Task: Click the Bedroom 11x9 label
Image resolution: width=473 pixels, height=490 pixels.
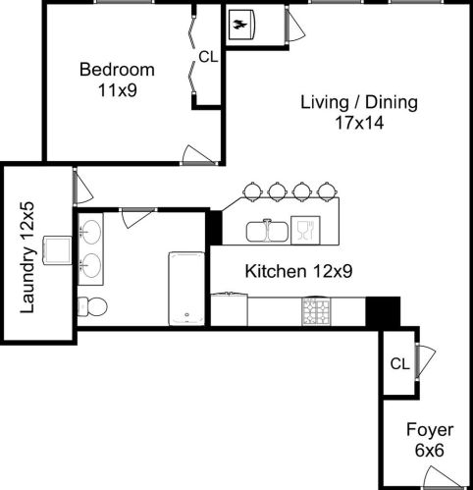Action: [x=117, y=80]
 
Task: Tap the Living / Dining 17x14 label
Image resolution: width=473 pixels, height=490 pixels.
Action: [x=359, y=112]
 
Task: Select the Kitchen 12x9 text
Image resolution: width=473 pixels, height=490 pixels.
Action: [x=287, y=271]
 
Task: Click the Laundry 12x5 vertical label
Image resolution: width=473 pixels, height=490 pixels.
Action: [x=28, y=256]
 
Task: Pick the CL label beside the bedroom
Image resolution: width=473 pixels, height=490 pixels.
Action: [x=208, y=57]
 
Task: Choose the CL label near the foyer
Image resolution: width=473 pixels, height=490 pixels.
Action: [x=398, y=363]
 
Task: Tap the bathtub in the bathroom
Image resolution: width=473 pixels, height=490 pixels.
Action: [x=185, y=288]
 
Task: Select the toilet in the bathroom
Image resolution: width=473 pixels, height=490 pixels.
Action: [x=91, y=305]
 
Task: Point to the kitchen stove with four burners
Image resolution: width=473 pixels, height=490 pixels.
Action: [x=316, y=311]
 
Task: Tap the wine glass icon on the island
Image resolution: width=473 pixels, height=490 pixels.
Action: [x=304, y=231]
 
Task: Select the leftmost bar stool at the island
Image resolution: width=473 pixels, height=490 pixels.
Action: [x=254, y=190]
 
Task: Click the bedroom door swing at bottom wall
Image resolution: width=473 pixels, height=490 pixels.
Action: [x=193, y=153]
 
